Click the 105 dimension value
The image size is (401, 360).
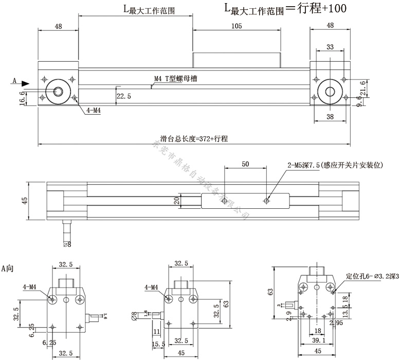[237, 26]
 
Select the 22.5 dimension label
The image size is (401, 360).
[123, 96]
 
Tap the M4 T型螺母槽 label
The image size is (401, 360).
[176, 79]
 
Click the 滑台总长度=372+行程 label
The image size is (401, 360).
[194, 138]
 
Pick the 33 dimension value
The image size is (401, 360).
[330, 47]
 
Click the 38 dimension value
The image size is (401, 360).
[330, 117]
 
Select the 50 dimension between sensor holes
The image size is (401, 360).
[245, 164]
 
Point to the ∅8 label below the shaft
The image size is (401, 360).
[67, 244]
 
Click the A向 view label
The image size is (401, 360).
[8, 268]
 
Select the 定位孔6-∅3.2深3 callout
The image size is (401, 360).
[371, 276]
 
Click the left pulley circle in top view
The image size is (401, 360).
[58, 92]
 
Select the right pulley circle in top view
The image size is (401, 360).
[330, 92]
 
